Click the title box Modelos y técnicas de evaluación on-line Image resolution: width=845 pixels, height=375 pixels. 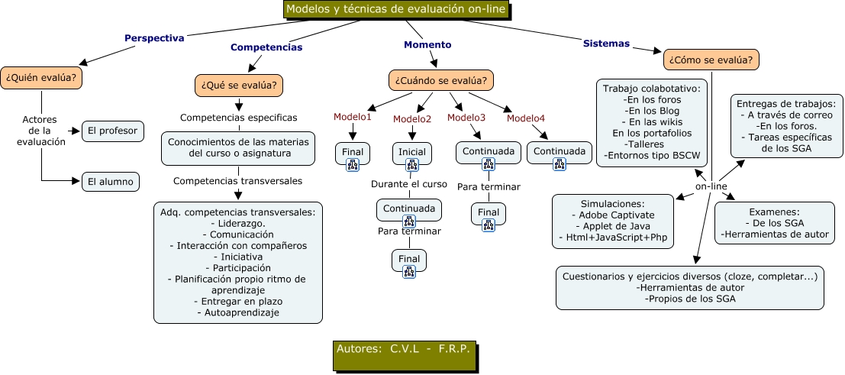pos(395,10)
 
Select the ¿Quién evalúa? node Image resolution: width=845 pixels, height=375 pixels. pos(42,78)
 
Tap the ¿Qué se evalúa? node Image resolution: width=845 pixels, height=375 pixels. pos(240,84)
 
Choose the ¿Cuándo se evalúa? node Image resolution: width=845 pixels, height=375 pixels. pos(440,79)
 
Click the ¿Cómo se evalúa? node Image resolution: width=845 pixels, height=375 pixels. pos(711,59)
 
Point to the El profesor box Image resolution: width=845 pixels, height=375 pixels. pos(112,131)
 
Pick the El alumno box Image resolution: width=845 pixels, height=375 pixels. pos(111,181)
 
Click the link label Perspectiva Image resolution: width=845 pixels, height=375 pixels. pos(153,38)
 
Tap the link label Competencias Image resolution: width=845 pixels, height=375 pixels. pos(266,47)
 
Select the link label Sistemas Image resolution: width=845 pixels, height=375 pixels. pos(606,44)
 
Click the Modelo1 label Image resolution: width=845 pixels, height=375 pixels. pos(352,117)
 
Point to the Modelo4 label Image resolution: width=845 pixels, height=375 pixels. pos(526,118)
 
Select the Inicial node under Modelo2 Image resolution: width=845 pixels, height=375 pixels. pos(412,152)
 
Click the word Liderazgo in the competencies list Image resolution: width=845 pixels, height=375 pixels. pos(237,222)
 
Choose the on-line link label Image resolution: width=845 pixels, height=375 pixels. pos(711,187)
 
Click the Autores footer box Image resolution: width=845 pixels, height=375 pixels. pos(404,349)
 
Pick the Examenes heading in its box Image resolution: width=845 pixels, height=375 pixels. pos(774,212)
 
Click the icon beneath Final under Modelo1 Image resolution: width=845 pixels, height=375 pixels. pos(352,164)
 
